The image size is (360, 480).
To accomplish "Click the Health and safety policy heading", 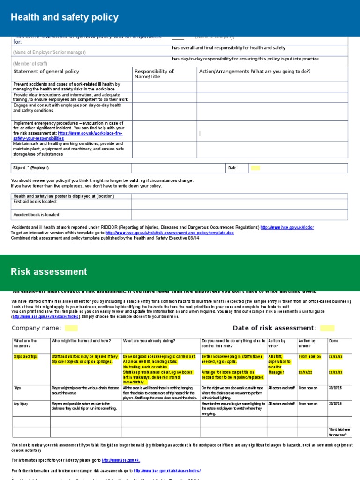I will coord(65,18).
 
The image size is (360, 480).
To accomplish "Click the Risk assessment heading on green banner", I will coord(49,272).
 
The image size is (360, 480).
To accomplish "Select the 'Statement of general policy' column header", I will coord(46,72).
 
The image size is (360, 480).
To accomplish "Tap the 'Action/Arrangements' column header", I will coord(255,72).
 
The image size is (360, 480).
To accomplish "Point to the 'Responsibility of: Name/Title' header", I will coord(154,74).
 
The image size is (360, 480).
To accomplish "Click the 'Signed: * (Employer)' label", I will coord(30,168).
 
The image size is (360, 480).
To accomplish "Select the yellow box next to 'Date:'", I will coord(255,168).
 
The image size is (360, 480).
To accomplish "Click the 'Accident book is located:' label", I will coord(37,215).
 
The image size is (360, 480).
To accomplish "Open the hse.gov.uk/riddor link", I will coord(287,227).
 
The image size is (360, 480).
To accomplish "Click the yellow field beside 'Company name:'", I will coord(71,328).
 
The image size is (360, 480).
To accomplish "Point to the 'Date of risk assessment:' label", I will coord(274,328).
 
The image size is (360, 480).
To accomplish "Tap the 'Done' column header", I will coord(333,341).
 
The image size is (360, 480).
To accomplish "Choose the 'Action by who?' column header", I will coord(276,344).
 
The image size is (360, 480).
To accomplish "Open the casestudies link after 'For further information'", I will coord(167,471).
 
